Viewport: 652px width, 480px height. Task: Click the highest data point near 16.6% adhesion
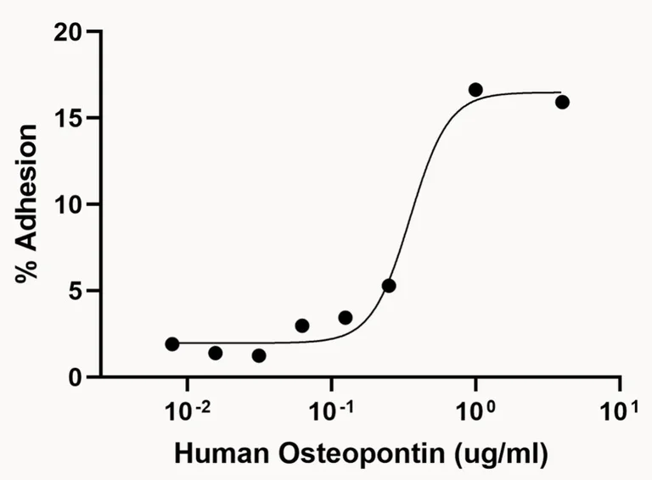click(x=475, y=90)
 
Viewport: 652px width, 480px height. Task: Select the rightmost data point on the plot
click(x=562, y=102)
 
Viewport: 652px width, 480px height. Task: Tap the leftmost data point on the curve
click(x=172, y=343)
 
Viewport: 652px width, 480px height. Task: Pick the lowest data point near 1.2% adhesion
click(x=259, y=355)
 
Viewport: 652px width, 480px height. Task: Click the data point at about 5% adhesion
click(x=389, y=286)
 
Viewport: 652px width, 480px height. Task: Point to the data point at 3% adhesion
click(x=302, y=326)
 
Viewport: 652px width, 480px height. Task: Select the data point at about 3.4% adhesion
click(x=346, y=317)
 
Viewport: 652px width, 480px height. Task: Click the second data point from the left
click(x=216, y=353)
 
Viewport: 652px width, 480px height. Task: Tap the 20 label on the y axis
click(x=70, y=32)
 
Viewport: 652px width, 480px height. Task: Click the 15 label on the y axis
click(x=70, y=119)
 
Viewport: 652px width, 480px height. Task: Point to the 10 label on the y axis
click(x=70, y=204)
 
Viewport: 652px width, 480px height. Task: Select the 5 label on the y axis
click(x=77, y=291)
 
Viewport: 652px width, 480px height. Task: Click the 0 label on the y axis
click(x=77, y=377)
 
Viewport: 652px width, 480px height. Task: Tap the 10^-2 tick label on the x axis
click(x=185, y=411)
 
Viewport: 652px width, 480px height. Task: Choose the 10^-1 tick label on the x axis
click(x=330, y=411)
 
